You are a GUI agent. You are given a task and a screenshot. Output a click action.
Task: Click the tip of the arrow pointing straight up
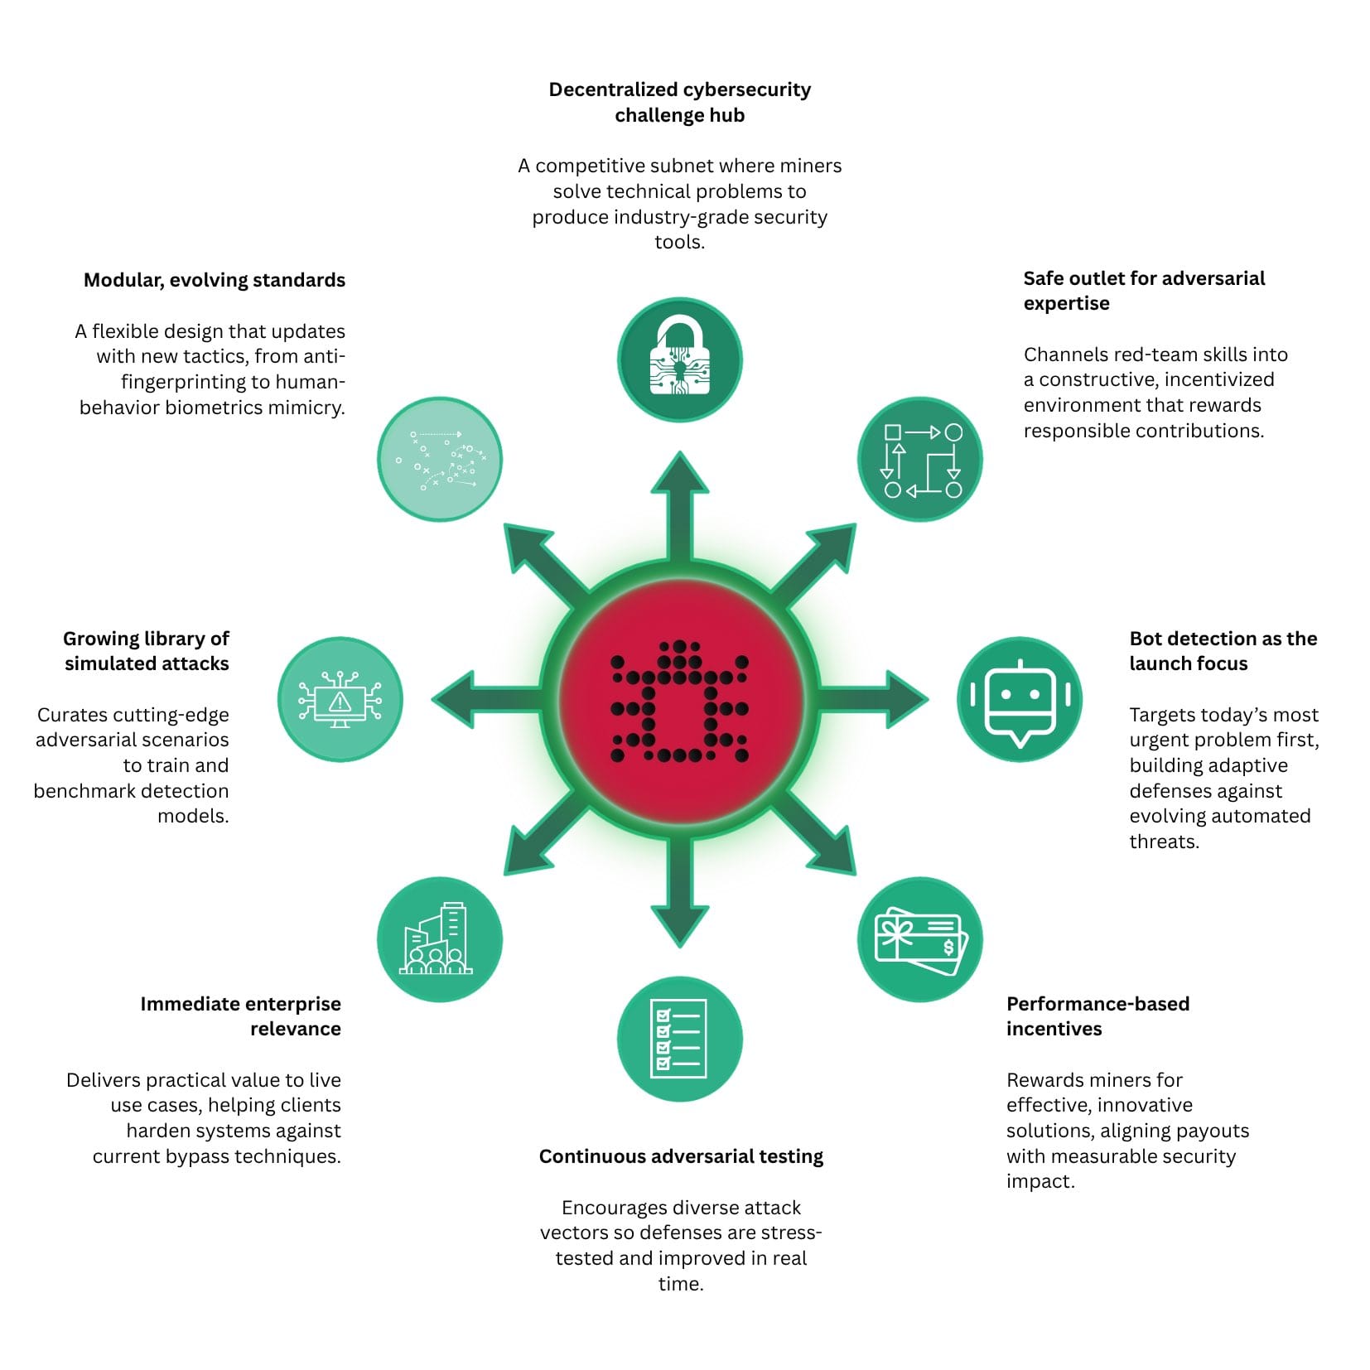pos(680,452)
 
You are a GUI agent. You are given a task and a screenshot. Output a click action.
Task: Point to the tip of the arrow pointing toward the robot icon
pos(929,699)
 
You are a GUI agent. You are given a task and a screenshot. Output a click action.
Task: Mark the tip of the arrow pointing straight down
pos(680,947)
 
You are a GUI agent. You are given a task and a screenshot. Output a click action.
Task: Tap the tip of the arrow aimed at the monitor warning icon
pos(432,699)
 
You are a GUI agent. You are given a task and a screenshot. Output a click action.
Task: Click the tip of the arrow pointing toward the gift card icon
pos(856,875)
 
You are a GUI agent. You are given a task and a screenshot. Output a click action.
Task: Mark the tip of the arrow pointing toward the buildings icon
pos(504,875)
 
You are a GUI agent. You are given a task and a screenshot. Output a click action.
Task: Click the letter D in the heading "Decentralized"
pos(556,89)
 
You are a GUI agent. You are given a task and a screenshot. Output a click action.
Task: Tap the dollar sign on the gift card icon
pos(948,947)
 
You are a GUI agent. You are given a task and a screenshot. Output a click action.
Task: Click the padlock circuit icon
pos(680,359)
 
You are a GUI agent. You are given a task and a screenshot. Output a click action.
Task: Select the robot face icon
pos(1020,699)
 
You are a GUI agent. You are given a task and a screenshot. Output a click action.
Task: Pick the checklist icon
pos(680,1039)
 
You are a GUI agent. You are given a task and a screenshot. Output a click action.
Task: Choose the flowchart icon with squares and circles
pos(920,459)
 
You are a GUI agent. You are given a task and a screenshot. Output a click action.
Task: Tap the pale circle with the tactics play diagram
pos(440,459)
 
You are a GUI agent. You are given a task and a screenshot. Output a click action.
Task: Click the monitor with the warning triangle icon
pos(340,699)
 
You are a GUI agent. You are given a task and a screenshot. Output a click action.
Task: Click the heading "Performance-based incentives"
pos(1097,1016)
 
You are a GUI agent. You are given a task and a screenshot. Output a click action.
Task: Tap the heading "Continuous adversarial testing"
pos(681,1156)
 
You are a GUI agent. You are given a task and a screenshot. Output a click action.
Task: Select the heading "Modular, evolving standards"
pos(215,280)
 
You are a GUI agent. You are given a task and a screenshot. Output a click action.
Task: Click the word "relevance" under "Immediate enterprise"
pos(296,1029)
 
